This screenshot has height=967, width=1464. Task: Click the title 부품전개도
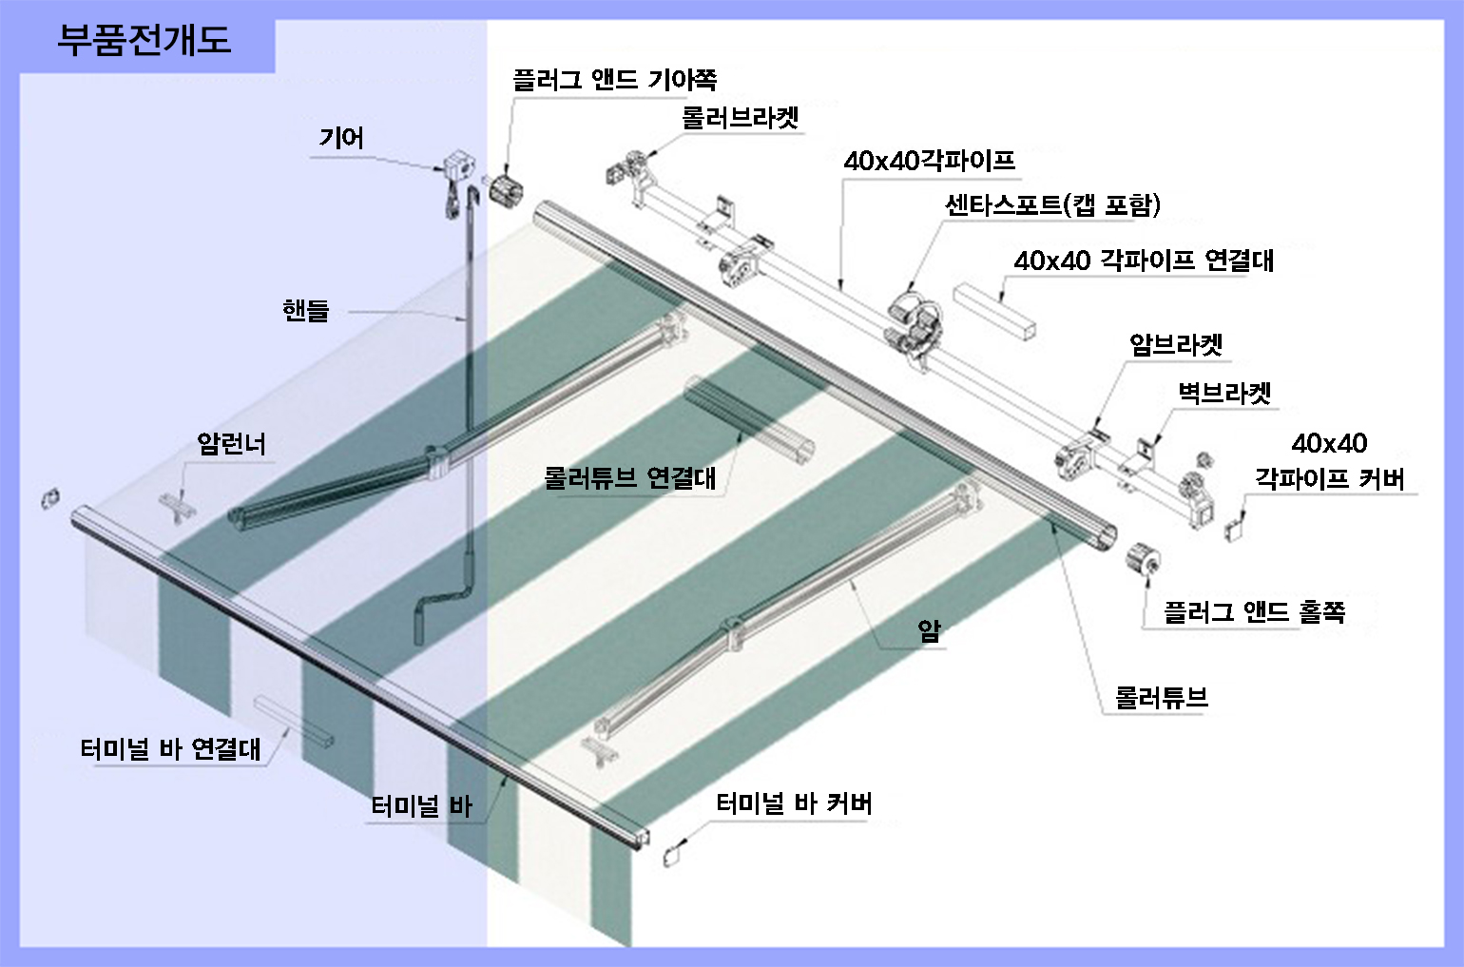click(x=144, y=41)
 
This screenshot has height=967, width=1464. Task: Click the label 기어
click(x=341, y=138)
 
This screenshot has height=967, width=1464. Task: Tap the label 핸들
click(x=305, y=310)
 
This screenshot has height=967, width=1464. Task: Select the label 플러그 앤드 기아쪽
click(x=614, y=80)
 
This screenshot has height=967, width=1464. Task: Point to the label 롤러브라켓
click(x=740, y=118)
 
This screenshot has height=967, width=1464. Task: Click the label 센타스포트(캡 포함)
click(x=1053, y=205)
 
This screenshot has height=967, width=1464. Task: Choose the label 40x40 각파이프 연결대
click(x=1144, y=261)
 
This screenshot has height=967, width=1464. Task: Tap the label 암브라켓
click(x=1176, y=344)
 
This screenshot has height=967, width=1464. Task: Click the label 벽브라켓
click(x=1224, y=393)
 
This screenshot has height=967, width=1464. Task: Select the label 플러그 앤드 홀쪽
click(x=1255, y=612)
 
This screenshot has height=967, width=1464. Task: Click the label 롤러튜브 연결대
click(x=630, y=478)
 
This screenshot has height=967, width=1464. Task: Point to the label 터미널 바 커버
click(x=794, y=803)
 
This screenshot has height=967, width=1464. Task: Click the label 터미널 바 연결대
click(x=170, y=748)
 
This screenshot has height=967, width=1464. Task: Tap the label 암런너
click(x=231, y=444)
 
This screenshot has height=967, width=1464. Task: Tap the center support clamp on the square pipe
click(x=915, y=327)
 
